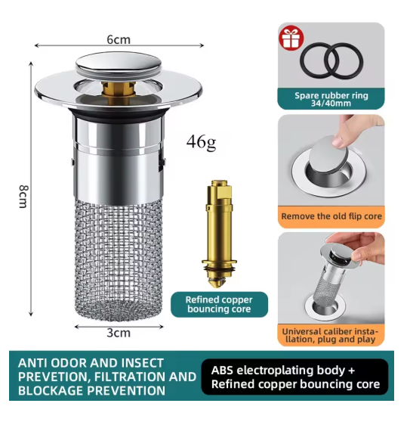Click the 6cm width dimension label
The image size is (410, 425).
click(x=119, y=39)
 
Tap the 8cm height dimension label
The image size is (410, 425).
click(x=23, y=196)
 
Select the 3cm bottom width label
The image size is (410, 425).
click(x=119, y=333)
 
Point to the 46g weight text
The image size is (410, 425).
click(x=201, y=142)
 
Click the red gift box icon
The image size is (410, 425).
click(x=291, y=38)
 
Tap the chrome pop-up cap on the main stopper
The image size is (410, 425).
click(x=119, y=64)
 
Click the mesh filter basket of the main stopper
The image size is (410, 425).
click(x=119, y=260)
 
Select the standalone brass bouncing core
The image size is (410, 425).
click(x=219, y=234)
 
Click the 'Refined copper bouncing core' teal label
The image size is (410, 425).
click(x=219, y=305)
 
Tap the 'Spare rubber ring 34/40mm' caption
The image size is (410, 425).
click(x=331, y=99)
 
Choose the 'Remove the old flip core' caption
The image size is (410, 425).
click(x=331, y=216)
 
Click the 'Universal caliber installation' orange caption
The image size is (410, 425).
click(x=331, y=336)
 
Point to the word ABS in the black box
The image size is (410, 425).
click(x=222, y=371)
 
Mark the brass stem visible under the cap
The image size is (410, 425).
click(x=119, y=91)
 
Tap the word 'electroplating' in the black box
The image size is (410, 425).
click(x=275, y=371)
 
